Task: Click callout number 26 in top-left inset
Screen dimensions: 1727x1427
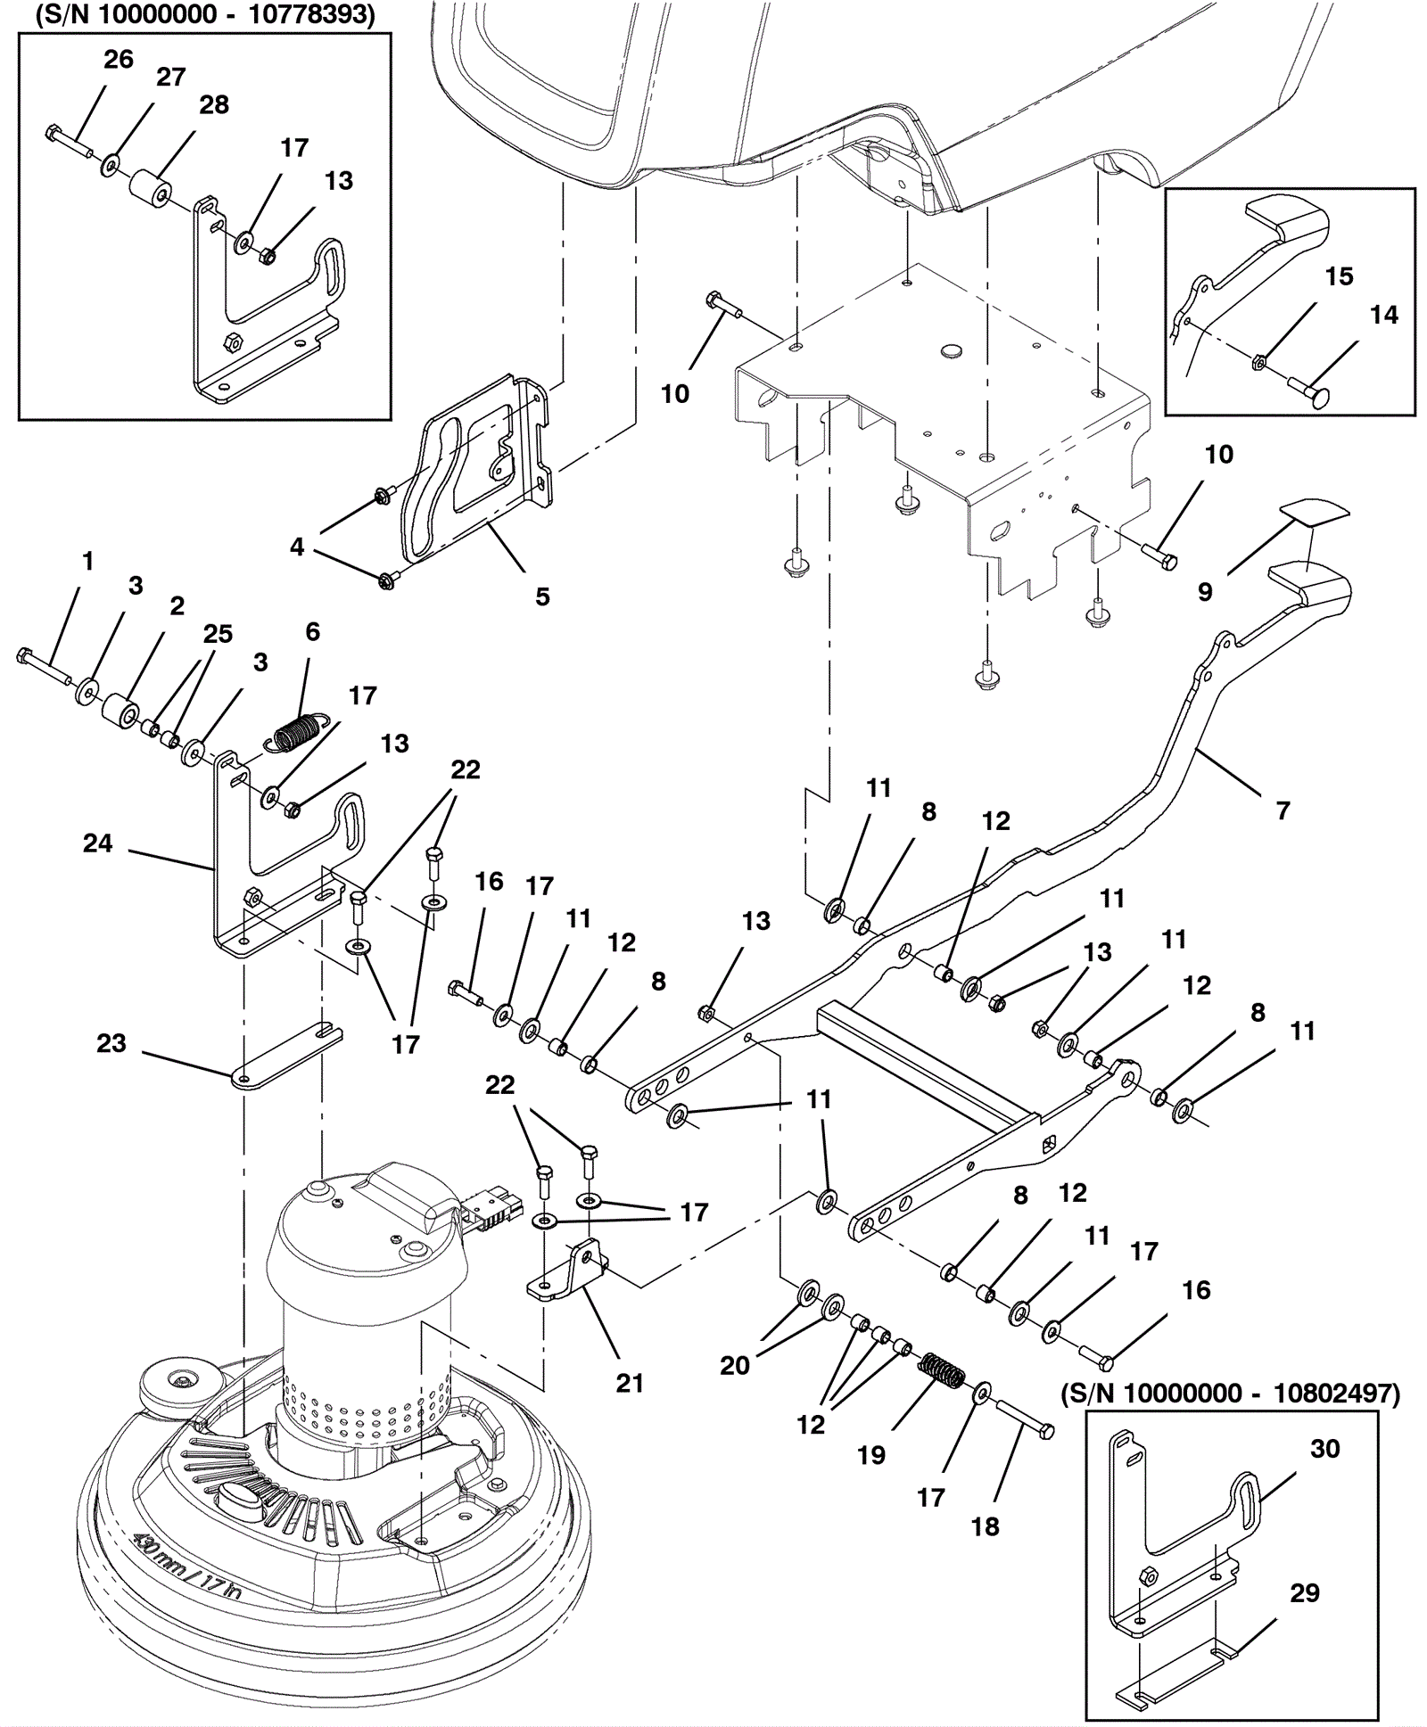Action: coord(119,60)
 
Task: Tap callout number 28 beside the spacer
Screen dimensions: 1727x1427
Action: coord(214,105)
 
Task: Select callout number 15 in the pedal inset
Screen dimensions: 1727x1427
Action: coord(1340,276)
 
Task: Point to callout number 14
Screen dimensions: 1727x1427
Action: coord(1384,315)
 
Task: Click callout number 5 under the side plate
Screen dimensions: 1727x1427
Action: coord(542,596)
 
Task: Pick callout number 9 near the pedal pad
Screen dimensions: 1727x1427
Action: coord(1205,592)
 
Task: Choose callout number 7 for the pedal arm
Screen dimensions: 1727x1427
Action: coord(1283,810)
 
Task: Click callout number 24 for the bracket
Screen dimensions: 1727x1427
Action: coord(98,843)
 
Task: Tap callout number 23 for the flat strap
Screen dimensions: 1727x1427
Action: coord(111,1043)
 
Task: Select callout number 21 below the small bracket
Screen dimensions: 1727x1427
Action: coord(630,1383)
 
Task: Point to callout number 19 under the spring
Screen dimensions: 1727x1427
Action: coord(871,1455)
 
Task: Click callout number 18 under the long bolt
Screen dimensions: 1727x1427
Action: coord(985,1526)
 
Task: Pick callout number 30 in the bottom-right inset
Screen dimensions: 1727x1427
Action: coord(1324,1449)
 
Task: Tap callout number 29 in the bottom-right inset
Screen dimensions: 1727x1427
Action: coord(1305,1593)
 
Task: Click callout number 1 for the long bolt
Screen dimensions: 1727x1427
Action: coord(87,561)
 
